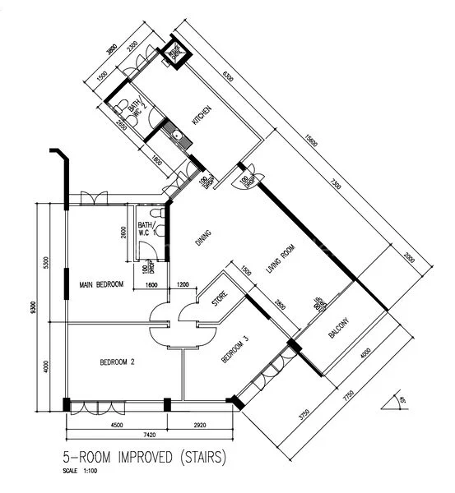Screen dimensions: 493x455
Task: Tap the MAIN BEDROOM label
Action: click(101, 285)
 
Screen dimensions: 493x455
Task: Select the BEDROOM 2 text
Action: click(117, 362)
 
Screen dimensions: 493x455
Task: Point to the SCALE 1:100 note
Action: click(83, 472)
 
